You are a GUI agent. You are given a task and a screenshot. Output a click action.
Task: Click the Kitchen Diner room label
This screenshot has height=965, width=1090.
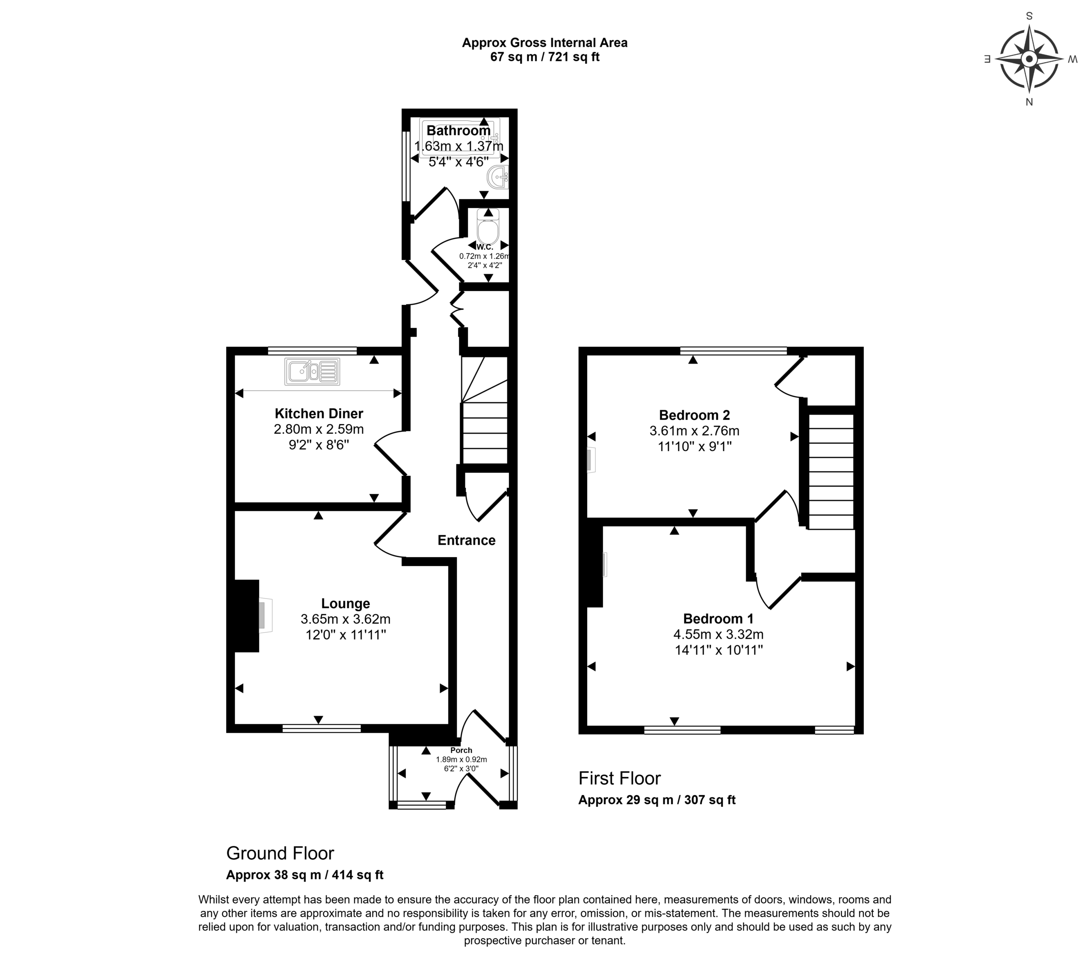pos(319,413)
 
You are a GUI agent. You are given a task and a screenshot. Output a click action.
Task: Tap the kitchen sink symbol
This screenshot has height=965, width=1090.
pos(313,371)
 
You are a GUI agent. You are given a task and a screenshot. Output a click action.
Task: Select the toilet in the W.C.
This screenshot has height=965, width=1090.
pos(488,226)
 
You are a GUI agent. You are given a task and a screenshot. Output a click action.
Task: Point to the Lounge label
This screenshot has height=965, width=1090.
pos(346,604)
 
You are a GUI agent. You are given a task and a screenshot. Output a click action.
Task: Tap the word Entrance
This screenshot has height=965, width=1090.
pos(467,540)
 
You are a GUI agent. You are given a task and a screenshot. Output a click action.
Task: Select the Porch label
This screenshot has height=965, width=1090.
pos(461,750)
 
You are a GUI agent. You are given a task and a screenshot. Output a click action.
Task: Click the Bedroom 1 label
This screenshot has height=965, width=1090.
pos(718,619)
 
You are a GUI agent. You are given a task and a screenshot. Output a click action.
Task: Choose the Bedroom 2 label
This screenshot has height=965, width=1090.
pos(694,415)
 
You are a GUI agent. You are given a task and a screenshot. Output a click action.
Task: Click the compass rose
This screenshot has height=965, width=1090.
pos(1029,59)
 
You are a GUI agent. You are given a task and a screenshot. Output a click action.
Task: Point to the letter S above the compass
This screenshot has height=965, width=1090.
pos(1029,16)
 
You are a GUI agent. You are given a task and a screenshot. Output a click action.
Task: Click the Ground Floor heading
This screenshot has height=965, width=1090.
pos(280,853)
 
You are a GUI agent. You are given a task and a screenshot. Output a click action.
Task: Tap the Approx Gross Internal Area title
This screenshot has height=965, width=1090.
pos(545,43)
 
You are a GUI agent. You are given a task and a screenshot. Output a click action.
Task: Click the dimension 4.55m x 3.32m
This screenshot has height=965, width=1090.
pos(718,634)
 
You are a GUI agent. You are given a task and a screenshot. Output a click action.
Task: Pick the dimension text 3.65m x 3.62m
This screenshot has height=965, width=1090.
pos(346,619)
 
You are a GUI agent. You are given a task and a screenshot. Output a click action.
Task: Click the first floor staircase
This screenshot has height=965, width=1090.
pos(832,471)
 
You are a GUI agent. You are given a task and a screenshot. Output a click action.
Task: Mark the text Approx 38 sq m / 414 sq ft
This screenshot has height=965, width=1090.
pos(304,875)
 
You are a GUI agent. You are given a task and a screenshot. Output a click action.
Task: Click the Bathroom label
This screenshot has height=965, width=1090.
pos(459,131)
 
